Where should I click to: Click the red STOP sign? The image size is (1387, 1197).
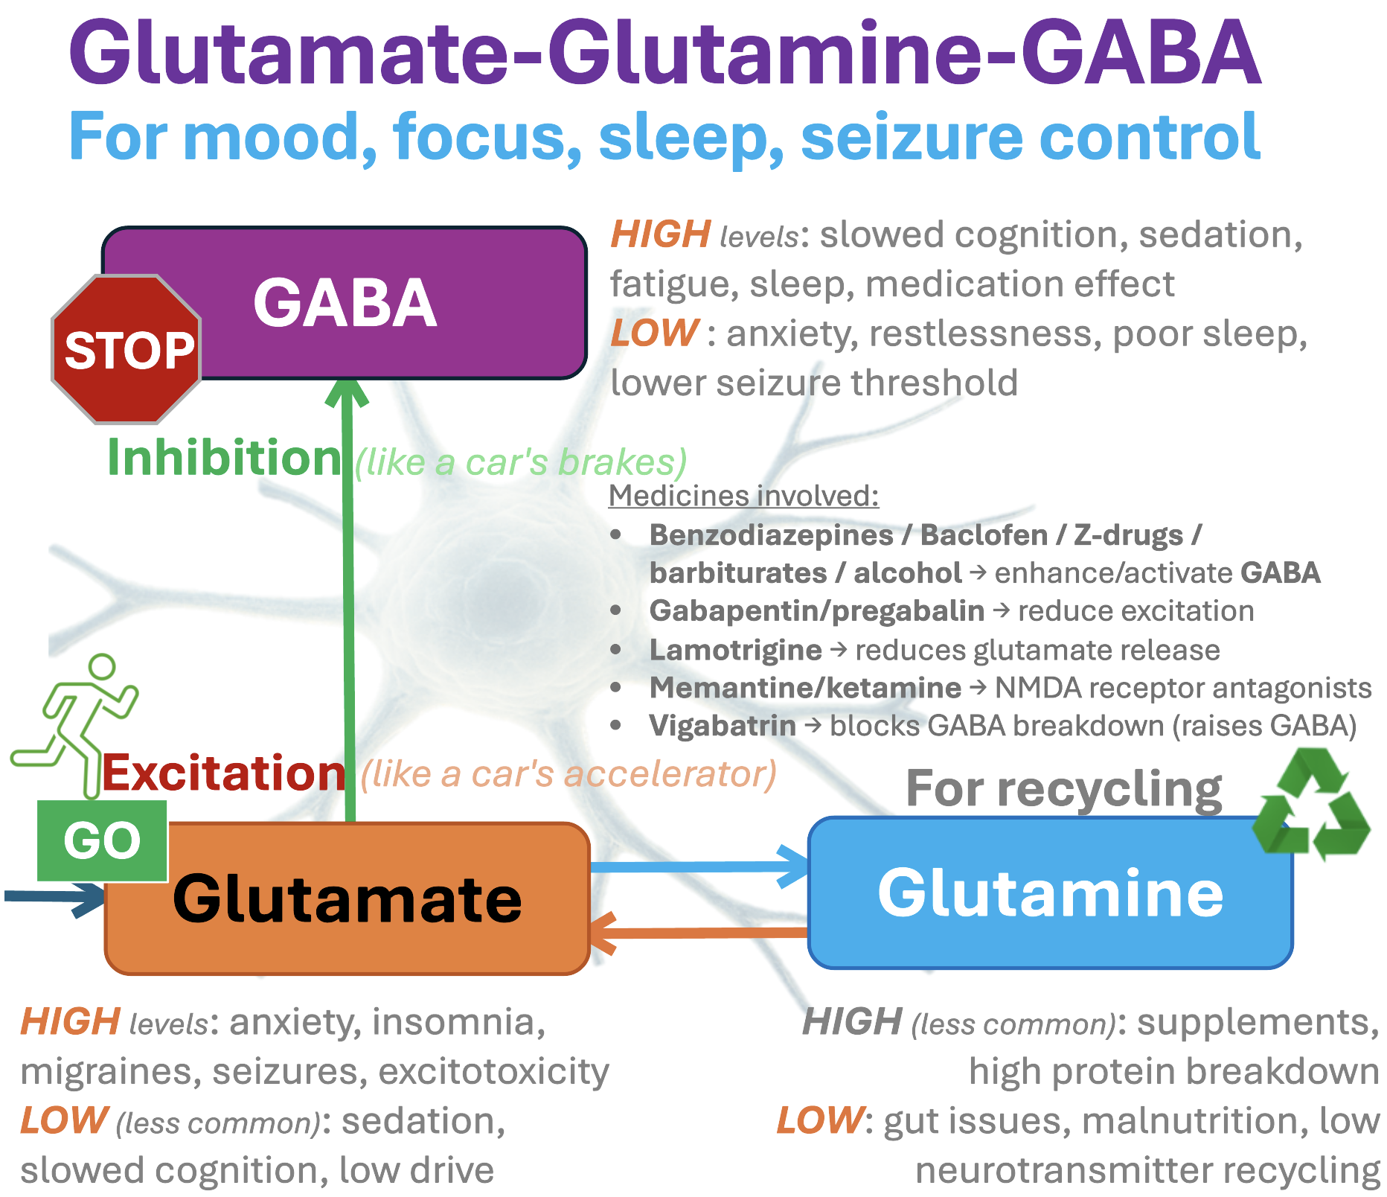tap(126, 349)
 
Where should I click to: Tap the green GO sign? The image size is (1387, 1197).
tap(102, 841)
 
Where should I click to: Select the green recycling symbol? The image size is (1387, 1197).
tap(1311, 804)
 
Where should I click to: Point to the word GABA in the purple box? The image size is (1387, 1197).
tap(345, 303)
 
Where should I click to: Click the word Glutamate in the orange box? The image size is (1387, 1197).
tap(347, 899)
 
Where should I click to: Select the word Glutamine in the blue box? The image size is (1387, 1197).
tap(1050, 893)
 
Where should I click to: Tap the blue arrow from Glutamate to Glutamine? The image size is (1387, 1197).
tap(699, 866)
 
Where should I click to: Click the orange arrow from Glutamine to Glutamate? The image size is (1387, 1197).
tap(699, 933)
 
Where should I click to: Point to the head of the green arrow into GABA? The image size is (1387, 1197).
tap(347, 392)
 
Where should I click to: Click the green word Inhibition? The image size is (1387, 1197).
tap(224, 458)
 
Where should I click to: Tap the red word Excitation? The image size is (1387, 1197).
tap(224, 773)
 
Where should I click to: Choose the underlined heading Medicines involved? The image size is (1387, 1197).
tap(743, 496)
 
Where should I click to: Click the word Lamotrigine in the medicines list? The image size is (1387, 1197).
tap(735, 650)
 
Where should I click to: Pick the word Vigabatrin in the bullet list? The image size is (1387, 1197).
tap(722, 726)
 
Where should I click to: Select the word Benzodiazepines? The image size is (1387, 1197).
tap(771, 535)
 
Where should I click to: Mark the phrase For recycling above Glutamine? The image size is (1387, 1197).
tap(1063, 788)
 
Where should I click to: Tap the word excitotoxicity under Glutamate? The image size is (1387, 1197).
tap(493, 1072)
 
